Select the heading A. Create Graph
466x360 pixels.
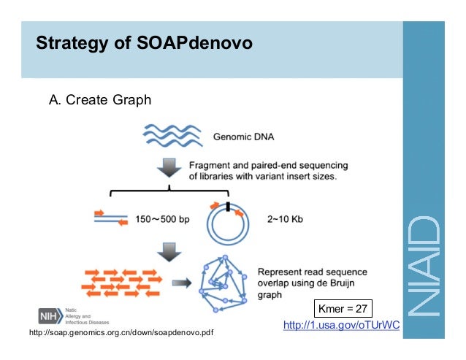coord(99,100)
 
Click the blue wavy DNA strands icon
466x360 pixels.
coord(169,135)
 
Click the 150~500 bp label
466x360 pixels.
coord(164,218)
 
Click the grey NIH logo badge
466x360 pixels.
coord(50,315)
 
